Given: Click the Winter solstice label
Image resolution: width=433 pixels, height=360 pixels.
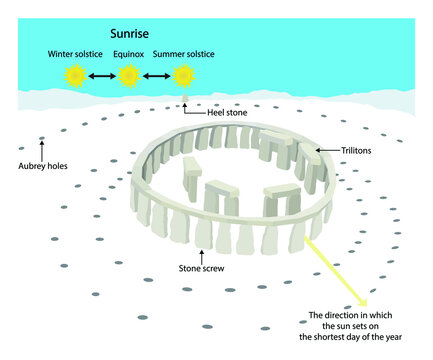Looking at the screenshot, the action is point(74,52).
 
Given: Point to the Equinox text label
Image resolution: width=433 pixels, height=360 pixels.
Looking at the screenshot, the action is point(128,52).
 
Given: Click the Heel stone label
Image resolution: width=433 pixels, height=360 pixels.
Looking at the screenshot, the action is point(226,113).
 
